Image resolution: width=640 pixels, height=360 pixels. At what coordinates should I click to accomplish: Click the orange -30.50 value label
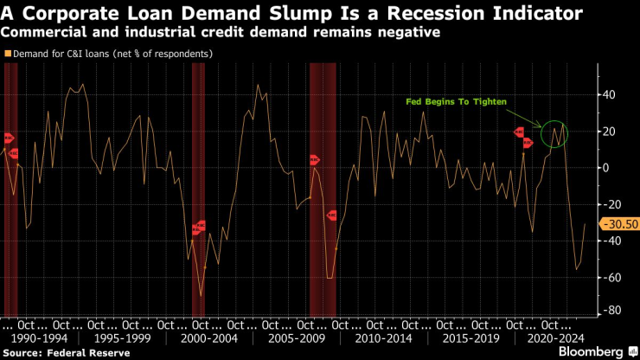click(x=618, y=224)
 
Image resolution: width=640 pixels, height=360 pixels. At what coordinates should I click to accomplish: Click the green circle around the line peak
click(x=554, y=133)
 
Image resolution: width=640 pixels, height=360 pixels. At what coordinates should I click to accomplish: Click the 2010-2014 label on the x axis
click(x=382, y=339)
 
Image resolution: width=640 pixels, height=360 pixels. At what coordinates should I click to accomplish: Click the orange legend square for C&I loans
click(x=9, y=54)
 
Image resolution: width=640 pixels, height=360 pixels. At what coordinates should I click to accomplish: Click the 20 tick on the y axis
click(x=608, y=131)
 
